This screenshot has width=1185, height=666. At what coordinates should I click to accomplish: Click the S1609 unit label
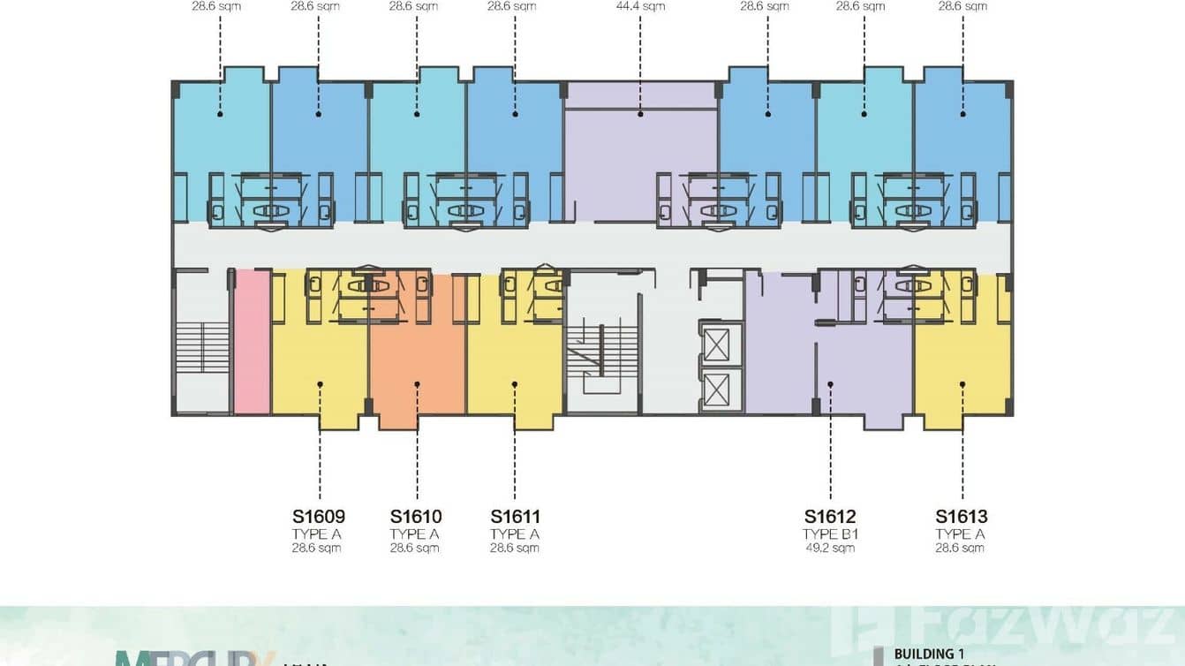[x=318, y=517]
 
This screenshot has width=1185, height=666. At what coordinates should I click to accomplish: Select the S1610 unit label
[x=416, y=517]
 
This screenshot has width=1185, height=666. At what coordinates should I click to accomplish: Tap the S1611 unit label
[x=515, y=517]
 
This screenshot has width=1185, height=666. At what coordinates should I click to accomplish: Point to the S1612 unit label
[x=830, y=517]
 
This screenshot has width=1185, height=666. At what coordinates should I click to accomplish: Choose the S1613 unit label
[x=962, y=517]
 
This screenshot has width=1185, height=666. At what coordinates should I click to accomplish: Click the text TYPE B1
[x=830, y=534]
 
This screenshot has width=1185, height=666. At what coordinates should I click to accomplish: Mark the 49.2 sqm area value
[x=830, y=548]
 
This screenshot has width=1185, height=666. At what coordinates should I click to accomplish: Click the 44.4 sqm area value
[x=640, y=6]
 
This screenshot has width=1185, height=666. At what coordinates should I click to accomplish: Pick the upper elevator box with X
[x=716, y=343]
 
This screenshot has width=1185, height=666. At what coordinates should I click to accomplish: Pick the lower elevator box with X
[x=716, y=390]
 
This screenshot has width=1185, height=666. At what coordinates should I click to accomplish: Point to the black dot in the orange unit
[x=417, y=383]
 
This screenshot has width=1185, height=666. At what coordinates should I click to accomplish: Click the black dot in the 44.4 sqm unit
[x=640, y=114]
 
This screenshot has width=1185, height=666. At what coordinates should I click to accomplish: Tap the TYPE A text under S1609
[x=317, y=534]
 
